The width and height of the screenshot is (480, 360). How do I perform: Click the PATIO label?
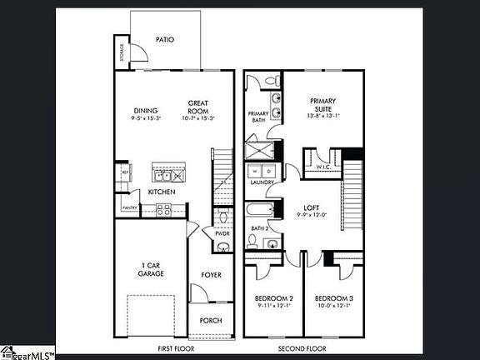coord(165,39)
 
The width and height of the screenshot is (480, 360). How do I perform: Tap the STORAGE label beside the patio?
coord(122,52)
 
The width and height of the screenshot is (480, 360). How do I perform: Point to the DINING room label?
coord(146,111)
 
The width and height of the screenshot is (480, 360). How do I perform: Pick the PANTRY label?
coord(129,207)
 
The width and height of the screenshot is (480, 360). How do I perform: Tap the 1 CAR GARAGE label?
coord(151,270)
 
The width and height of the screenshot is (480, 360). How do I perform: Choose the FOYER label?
coord(212,274)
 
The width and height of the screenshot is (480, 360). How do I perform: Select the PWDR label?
coord(222,234)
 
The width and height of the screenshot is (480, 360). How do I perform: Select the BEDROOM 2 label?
coord(273,297)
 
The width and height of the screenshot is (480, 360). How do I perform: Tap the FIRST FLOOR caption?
coord(177,348)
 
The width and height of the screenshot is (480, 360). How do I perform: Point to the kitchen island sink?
coord(161,174)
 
